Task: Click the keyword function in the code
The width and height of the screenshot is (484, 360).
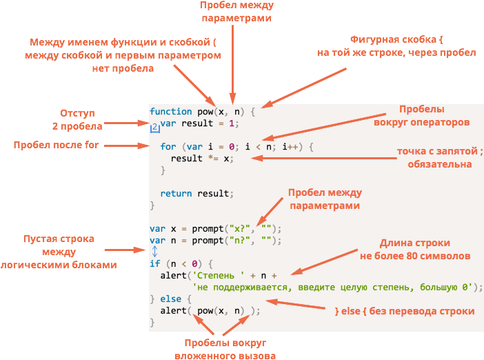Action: (171, 112)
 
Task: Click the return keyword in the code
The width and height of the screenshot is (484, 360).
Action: (176, 194)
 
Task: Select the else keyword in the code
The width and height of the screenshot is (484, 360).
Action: (171, 299)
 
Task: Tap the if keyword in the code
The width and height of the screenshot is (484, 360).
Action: (155, 263)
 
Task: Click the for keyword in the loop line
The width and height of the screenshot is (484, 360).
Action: (168, 147)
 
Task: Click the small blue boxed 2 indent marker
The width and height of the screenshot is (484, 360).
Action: (155, 128)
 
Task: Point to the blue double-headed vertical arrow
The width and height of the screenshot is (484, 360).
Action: (154, 251)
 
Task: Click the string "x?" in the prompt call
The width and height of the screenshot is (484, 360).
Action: (239, 229)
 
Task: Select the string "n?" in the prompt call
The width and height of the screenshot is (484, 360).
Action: (239, 241)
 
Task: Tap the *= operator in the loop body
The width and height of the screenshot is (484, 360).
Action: (213, 159)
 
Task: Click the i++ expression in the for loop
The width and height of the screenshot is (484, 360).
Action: (291, 147)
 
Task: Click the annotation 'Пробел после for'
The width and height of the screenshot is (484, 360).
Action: (56, 145)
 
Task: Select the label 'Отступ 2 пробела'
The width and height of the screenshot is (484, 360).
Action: (77, 119)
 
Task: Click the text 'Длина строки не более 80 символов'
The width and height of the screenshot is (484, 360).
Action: (415, 250)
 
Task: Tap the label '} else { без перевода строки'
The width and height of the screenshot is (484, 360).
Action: (405, 311)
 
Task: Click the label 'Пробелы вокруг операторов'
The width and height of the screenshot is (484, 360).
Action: (422, 116)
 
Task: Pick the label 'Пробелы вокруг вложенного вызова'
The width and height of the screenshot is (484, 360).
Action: (225, 349)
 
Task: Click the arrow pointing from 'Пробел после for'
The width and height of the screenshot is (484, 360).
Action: (127, 146)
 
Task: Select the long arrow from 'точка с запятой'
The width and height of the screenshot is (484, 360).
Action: (324, 158)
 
